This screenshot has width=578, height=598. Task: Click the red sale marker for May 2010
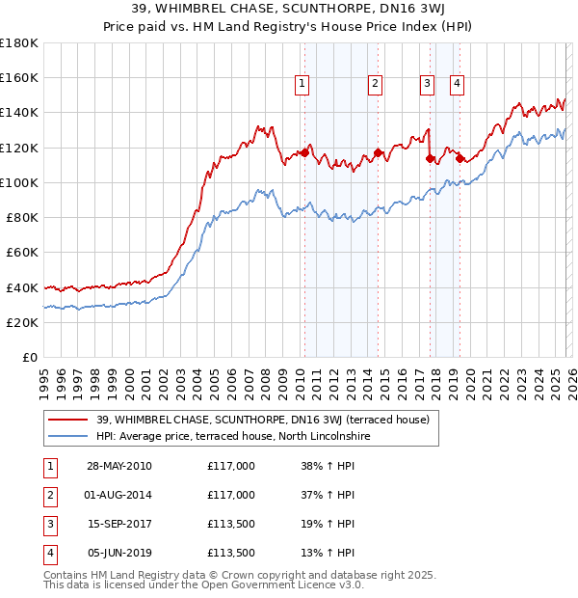305,152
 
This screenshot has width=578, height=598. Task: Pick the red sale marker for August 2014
378,152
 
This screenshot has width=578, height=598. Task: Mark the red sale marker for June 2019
460,158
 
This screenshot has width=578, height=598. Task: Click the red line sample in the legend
68,420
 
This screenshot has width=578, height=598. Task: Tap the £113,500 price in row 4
231,554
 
